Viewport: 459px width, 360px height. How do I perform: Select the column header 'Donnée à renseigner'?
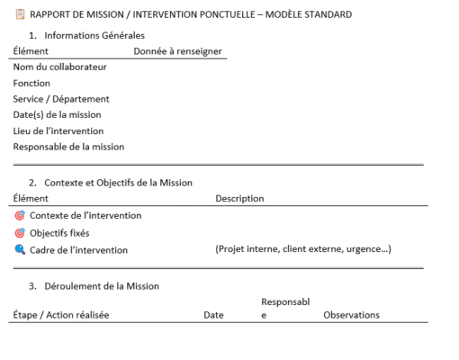177,51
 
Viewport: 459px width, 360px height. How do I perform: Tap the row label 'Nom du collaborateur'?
59,67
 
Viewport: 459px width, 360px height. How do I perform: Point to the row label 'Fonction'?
31,83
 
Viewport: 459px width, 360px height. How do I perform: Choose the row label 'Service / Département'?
61,99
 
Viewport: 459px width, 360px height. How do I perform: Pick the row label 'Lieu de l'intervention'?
58,130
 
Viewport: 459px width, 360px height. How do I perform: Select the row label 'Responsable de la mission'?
68,146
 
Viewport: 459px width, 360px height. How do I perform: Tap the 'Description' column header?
239,198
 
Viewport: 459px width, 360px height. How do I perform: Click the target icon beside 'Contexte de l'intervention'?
20,215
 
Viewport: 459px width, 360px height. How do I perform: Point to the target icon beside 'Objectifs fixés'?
20,232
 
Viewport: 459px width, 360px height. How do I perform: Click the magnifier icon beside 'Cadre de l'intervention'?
20,249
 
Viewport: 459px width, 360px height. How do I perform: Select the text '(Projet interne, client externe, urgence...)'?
302,249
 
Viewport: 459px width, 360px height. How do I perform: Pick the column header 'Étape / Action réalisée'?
62,315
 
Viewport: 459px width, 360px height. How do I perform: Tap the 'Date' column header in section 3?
213,315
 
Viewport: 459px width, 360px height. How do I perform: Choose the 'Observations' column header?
351,315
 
